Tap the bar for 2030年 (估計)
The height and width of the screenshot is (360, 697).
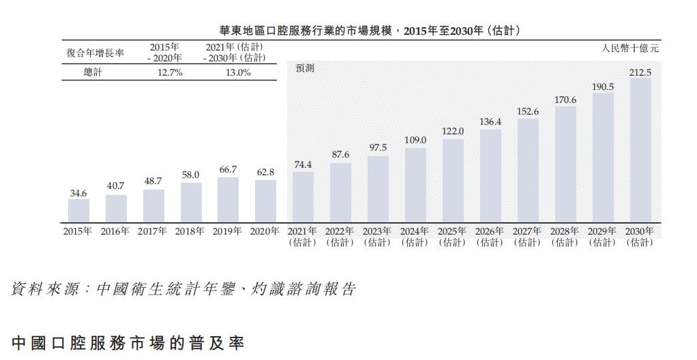[640, 149]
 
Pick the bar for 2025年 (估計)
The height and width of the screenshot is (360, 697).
[453, 180]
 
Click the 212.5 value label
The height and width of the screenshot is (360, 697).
[640, 72]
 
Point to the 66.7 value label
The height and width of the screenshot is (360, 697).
[228, 170]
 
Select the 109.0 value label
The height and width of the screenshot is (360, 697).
[415, 140]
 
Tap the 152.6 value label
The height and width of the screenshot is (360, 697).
[527, 111]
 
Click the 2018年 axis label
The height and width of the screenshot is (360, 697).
[190, 231]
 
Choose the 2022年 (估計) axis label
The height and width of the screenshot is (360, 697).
[340, 237]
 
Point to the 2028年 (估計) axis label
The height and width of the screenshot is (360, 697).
[565, 237]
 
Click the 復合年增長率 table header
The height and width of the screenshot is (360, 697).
[95, 53]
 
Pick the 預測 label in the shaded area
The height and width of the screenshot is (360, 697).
[305, 69]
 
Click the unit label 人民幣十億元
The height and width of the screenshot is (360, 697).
[630, 48]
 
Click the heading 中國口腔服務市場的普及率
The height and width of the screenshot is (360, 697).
[128, 342]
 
